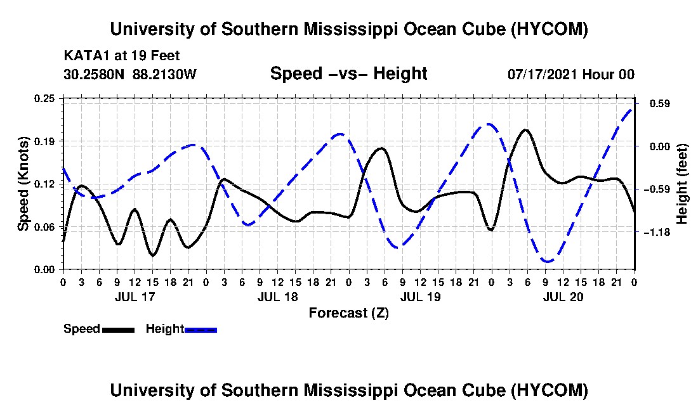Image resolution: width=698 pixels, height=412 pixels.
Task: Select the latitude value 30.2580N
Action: pos(94,74)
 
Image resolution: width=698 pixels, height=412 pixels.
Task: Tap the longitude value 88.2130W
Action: pos(164,74)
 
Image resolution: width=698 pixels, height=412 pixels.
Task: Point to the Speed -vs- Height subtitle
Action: pos(348,74)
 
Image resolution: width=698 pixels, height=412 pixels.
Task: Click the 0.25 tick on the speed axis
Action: pos(44,98)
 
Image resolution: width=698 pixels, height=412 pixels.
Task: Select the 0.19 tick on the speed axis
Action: pos(44,141)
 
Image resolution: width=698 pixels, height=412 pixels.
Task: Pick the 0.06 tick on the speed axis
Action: pos(44,227)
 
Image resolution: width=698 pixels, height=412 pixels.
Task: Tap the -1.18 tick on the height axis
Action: pos(660,232)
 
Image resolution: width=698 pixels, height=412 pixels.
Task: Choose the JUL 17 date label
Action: pos(135,297)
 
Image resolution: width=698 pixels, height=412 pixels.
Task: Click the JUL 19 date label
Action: pos(420,297)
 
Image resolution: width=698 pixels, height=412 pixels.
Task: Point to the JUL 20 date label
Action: pos(563,297)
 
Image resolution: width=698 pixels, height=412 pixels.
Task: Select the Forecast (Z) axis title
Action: pos(349,313)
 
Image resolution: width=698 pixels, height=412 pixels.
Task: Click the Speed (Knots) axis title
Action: pos(23,184)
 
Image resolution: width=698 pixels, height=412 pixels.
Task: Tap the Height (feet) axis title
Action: pos(682,184)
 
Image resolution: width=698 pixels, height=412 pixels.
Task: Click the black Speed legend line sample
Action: pos(118,330)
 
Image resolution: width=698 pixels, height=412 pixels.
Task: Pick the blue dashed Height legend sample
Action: pos(201,330)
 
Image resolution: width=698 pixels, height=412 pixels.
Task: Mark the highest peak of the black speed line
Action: pos(526,130)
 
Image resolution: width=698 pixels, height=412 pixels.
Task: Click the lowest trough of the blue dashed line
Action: pos(547,261)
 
